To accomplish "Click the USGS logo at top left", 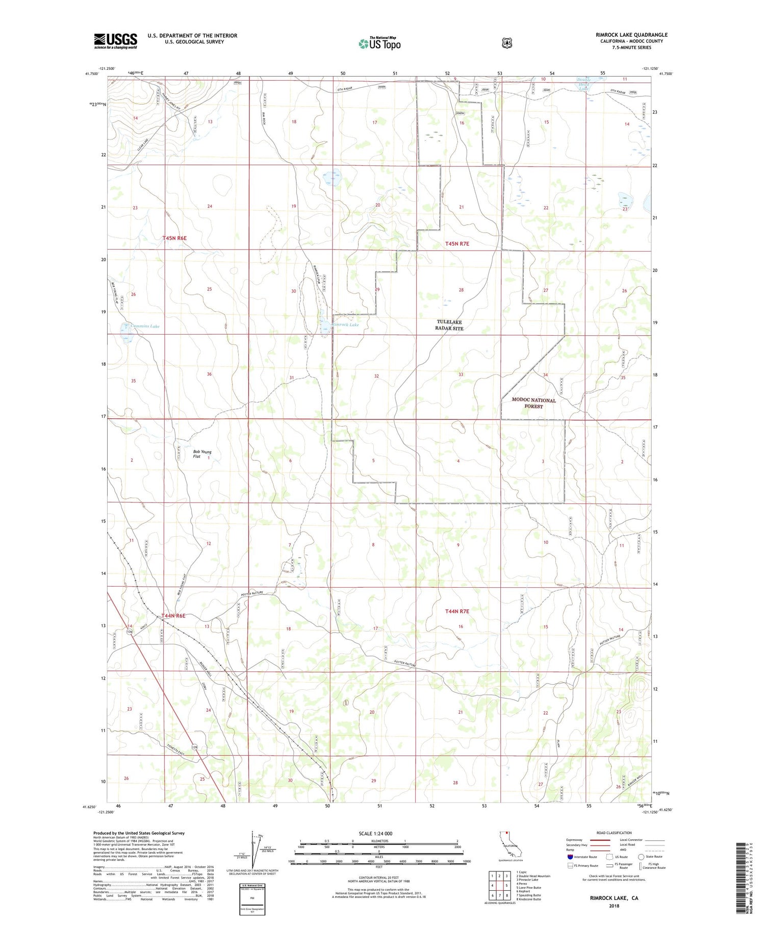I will (115, 41).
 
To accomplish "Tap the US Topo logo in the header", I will (379, 43).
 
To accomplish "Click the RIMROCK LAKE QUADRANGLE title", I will (631, 35).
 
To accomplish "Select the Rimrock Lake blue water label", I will (346, 325).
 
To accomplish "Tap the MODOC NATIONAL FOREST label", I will (533, 403).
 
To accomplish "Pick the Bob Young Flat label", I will (202, 454).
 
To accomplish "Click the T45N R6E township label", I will (174, 238).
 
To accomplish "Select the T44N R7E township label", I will (456, 611).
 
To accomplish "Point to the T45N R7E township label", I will (456, 244).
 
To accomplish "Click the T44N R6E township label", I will (173, 616).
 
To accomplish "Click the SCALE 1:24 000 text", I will (375, 834).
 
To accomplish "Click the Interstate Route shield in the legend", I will (570, 857).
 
